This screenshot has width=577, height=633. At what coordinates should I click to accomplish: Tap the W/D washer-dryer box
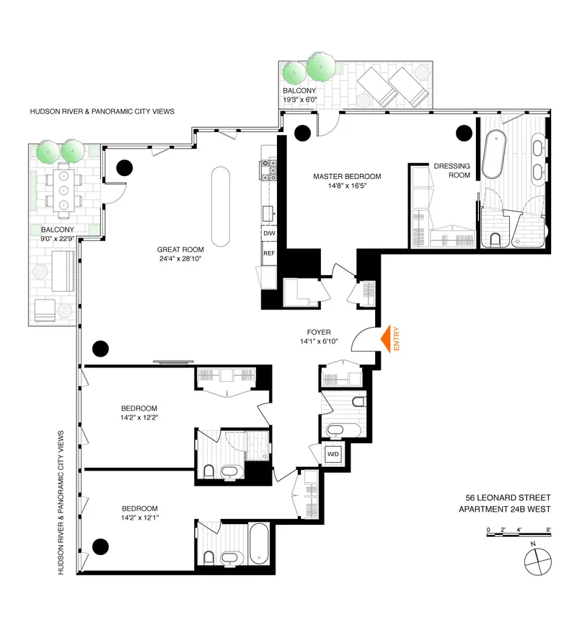click(x=333, y=454)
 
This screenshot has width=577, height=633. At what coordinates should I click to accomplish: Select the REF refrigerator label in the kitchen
click(x=269, y=253)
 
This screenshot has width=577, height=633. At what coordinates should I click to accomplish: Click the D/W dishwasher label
click(x=269, y=233)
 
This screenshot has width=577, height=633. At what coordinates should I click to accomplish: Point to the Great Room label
click(x=180, y=250)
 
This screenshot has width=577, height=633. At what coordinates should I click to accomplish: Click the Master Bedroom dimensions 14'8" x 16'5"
click(x=347, y=185)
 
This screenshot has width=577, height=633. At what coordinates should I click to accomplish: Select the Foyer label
click(x=319, y=332)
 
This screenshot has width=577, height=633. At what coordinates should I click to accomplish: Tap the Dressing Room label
click(x=452, y=170)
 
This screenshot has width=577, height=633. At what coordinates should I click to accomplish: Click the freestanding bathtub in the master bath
click(x=494, y=154)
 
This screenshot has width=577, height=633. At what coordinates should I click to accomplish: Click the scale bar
click(x=519, y=535)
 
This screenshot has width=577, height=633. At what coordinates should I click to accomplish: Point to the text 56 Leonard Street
click(x=508, y=498)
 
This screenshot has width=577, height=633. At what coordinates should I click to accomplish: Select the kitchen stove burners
click(x=268, y=170)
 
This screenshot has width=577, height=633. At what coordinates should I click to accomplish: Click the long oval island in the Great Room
click(x=220, y=206)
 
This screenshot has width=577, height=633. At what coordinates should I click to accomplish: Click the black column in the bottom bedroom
click(x=100, y=546)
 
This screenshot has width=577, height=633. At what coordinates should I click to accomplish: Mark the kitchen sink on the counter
click(x=269, y=214)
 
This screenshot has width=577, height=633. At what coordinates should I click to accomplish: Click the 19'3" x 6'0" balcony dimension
click(x=300, y=100)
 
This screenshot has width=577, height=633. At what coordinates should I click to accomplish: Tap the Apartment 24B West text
click(x=505, y=510)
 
